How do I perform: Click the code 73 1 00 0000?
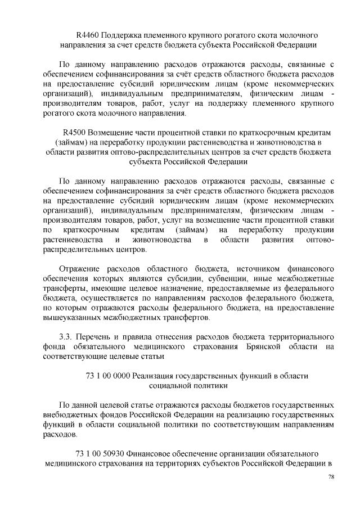point(107,376)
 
